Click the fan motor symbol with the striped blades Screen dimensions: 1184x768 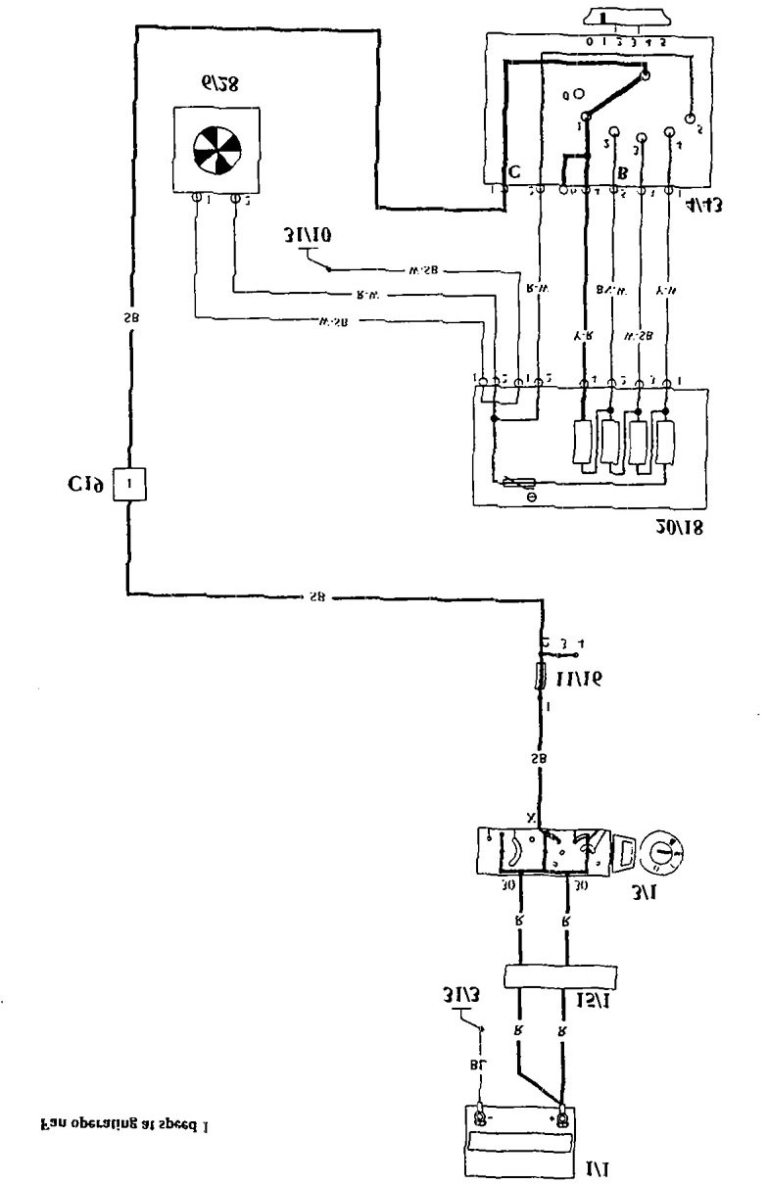pyautogui.click(x=216, y=150)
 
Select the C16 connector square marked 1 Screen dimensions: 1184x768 pyautogui.click(x=129, y=483)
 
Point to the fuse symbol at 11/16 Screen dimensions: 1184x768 pyautogui.click(x=540, y=676)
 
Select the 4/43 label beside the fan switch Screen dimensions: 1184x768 pyautogui.click(x=707, y=207)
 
